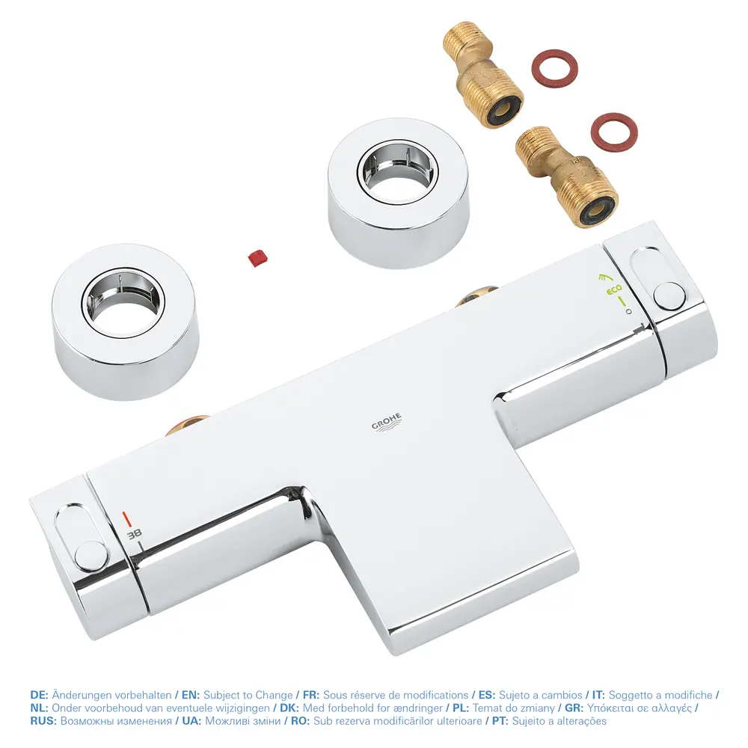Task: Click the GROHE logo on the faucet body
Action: point(387,422)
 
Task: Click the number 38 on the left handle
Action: point(134,534)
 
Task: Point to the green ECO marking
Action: point(614,289)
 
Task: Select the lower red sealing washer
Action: point(614,132)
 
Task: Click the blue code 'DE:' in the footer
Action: point(39,695)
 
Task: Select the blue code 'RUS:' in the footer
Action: point(43,721)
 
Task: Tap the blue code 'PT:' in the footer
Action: point(500,721)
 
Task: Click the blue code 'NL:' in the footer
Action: point(39,708)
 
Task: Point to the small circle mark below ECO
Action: point(628,311)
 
